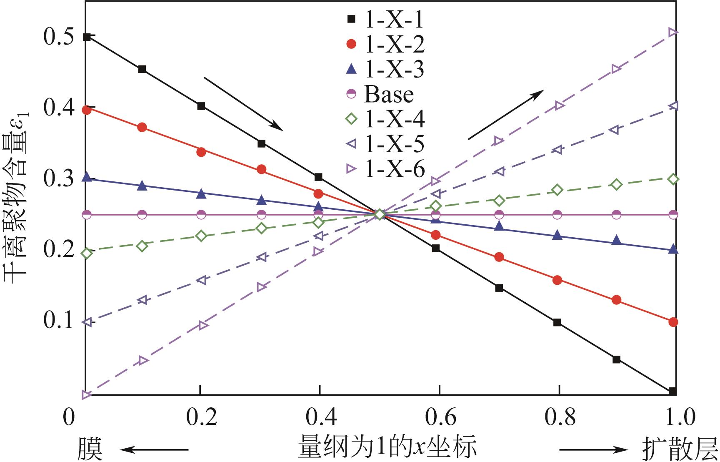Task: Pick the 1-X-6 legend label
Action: point(394,169)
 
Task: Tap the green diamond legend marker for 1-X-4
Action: point(352,119)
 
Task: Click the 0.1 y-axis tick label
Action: point(58,322)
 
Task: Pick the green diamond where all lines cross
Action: point(379,215)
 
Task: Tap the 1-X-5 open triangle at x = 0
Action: point(87,322)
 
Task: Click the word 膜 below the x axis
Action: point(90,448)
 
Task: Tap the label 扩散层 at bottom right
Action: point(680,448)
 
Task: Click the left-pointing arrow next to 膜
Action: point(154,449)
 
